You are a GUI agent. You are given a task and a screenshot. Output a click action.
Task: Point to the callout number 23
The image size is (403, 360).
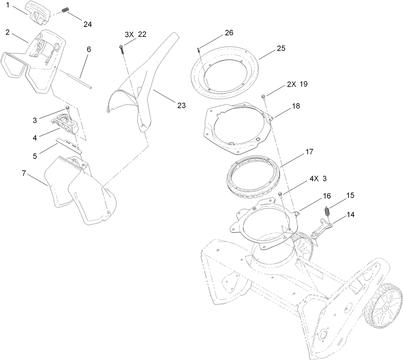[181, 105]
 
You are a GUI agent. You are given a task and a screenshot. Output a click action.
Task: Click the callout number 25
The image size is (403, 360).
[281, 48]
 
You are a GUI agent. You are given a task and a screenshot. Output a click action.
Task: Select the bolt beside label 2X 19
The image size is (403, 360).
[263, 97]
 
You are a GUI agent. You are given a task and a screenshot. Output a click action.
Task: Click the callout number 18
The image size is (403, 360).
[296, 106]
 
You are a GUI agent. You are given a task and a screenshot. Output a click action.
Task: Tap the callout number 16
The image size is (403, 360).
[317, 196]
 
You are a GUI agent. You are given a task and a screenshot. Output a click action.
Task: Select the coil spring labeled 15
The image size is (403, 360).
[326, 213]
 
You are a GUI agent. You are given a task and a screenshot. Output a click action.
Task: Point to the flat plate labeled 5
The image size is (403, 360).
[69, 145]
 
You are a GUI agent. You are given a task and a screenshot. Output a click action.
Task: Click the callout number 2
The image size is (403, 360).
[8, 32]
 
